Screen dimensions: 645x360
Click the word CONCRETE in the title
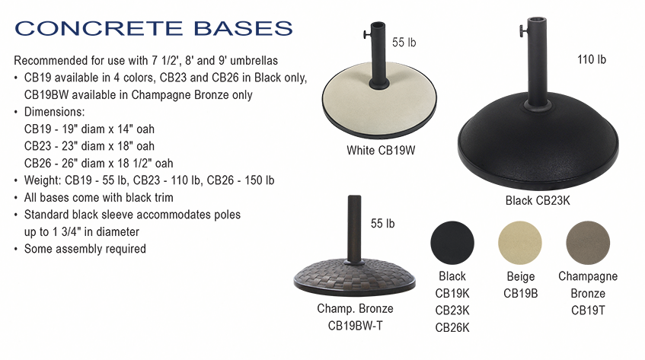(x=99, y=28)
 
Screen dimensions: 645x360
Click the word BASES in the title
(x=243, y=28)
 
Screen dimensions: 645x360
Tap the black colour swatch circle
(x=452, y=243)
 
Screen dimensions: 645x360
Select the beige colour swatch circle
(x=520, y=243)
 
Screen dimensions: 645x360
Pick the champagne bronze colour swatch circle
(x=588, y=243)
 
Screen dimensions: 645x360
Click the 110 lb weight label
(x=592, y=59)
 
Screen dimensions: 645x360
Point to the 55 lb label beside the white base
(x=404, y=43)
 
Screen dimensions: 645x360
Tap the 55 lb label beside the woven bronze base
(x=382, y=224)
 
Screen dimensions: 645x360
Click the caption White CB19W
(x=381, y=151)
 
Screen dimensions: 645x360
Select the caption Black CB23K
(x=538, y=200)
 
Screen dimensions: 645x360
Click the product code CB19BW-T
(x=356, y=326)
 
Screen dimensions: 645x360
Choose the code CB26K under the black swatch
(x=452, y=327)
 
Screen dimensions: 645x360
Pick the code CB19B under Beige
(x=520, y=294)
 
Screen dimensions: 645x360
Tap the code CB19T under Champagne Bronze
(x=588, y=311)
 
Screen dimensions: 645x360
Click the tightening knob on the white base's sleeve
(x=366, y=34)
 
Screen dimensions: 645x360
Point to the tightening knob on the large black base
(x=522, y=30)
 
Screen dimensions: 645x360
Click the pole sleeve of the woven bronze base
(x=354, y=228)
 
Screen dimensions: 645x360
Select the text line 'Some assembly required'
(x=85, y=249)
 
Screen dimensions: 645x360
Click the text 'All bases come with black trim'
(x=99, y=198)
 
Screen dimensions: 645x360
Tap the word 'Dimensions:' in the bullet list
(x=54, y=112)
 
